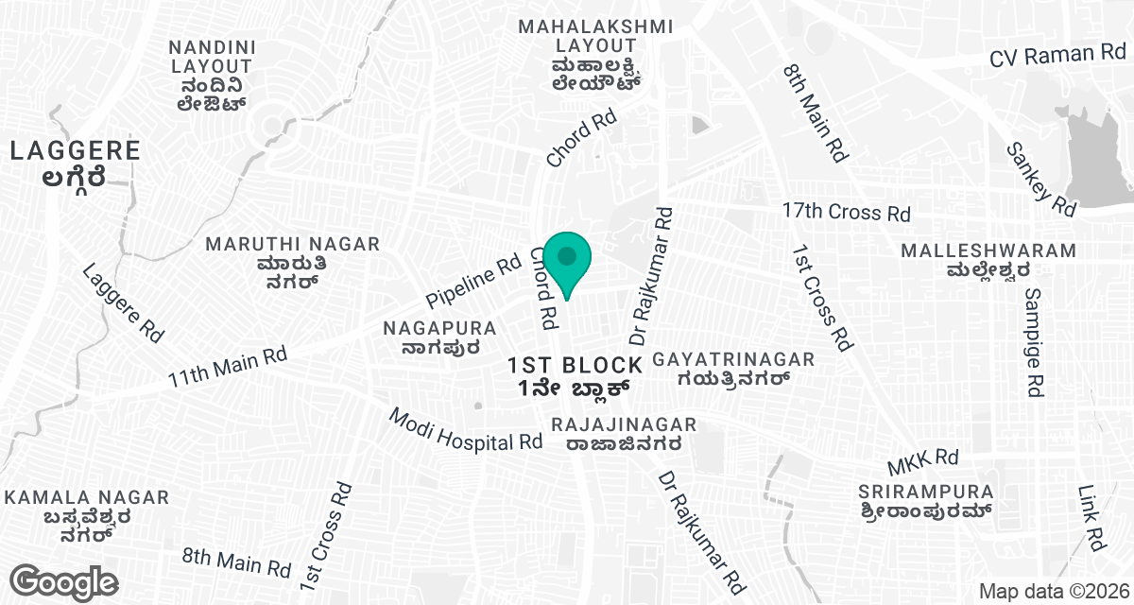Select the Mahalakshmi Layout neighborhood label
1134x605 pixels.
595,54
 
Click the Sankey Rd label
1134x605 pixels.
1040,177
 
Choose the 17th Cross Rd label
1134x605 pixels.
846,212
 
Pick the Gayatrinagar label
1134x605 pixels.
733,369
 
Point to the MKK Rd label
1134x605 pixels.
922,462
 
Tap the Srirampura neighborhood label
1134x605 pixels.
926,501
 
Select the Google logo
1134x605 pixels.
63,580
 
